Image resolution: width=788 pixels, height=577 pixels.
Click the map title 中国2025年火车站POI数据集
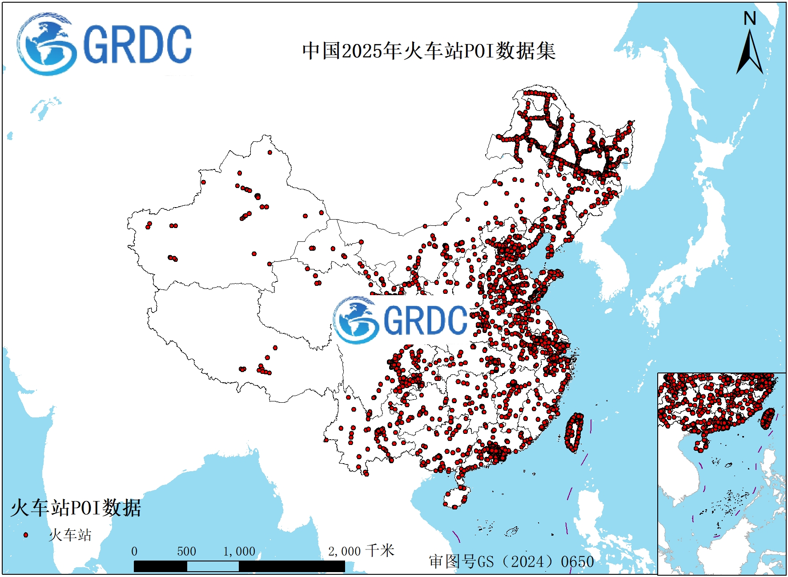[429, 51]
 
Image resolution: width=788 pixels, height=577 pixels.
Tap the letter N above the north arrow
[750, 19]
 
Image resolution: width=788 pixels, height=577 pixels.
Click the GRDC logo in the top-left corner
[105, 44]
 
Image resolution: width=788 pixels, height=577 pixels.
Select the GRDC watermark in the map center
[400, 320]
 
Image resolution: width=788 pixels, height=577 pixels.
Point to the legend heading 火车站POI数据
[76, 508]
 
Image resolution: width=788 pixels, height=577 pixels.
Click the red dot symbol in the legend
[26, 535]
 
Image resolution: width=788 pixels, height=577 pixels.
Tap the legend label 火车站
[70, 535]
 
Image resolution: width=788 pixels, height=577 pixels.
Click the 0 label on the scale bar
[134, 552]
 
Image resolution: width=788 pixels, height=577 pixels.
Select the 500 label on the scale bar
[186, 552]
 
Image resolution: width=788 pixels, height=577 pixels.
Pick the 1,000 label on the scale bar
[239, 552]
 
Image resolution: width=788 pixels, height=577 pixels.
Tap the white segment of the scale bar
[213, 566]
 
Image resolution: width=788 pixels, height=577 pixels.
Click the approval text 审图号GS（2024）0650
[511, 561]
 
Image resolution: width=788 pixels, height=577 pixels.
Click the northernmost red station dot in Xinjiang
[270, 152]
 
